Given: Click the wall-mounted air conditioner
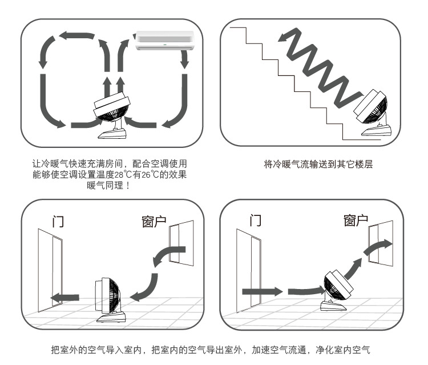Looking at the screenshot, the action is click(x=165, y=41).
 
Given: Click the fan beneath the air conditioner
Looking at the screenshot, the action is click(x=111, y=115).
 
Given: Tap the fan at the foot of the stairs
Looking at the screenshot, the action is click(x=372, y=113).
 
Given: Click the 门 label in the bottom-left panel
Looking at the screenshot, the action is click(x=58, y=221).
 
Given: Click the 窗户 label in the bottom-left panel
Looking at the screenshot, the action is click(x=154, y=221).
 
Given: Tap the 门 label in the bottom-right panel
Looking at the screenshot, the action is click(x=256, y=220).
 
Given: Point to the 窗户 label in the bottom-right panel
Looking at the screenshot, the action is click(x=356, y=220).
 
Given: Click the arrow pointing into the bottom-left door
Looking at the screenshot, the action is click(x=64, y=298).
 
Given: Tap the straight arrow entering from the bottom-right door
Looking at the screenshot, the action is click(x=263, y=291).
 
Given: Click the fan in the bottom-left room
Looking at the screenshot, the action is click(x=109, y=300).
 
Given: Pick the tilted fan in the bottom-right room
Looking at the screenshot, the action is click(x=337, y=290).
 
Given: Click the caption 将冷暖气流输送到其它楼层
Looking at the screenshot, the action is click(x=318, y=164).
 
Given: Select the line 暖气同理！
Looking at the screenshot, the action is click(x=109, y=185).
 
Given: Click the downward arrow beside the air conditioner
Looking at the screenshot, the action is click(x=185, y=59).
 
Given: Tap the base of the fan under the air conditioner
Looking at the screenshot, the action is click(x=112, y=134).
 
